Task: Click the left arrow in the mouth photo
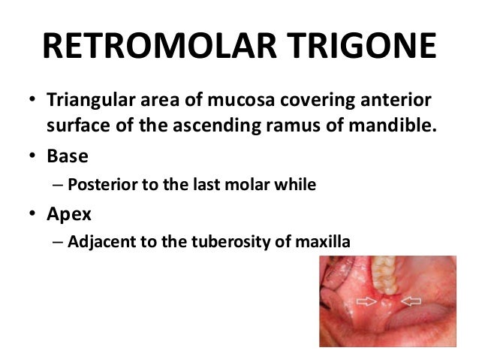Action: tap(367, 301)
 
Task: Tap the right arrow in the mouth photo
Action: tap(411, 301)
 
